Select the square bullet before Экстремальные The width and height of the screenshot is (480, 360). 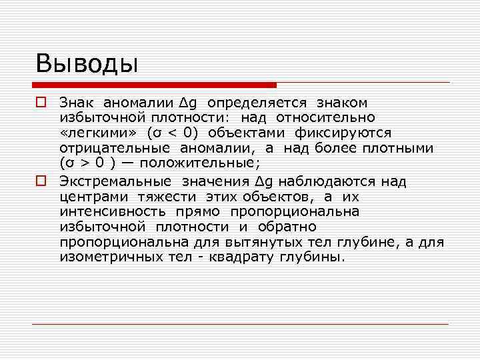[41, 181]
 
